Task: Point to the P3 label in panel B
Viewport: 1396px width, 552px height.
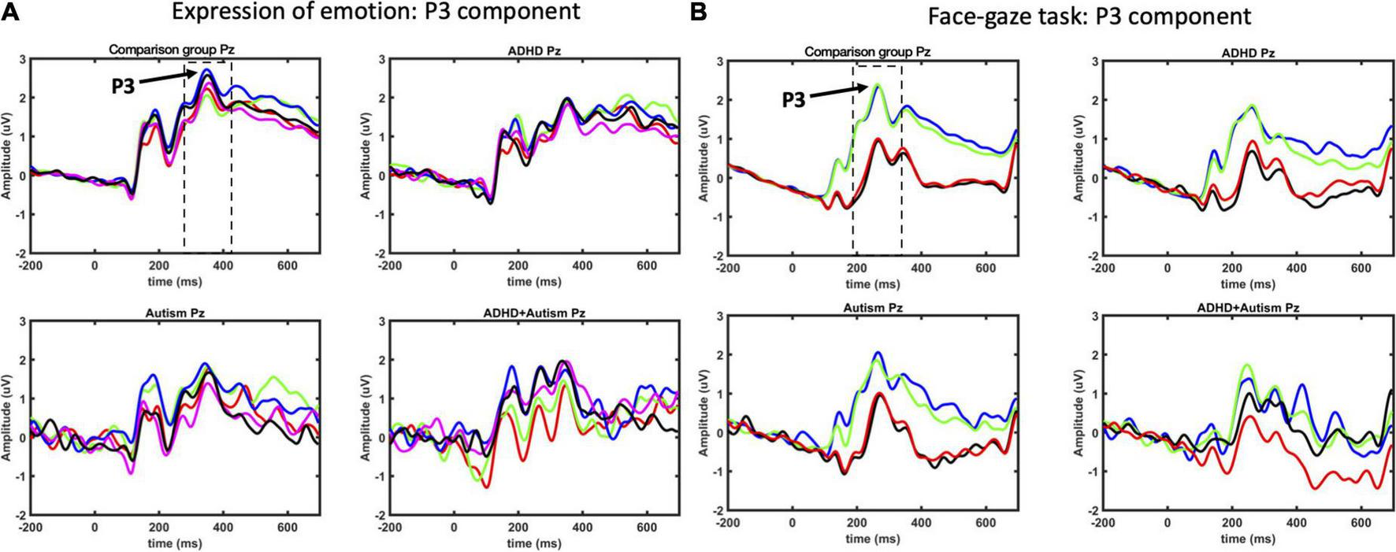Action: click(x=795, y=99)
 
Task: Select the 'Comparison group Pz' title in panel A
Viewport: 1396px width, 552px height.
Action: click(x=172, y=50)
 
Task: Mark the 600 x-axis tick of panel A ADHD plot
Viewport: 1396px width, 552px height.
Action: click(x=647, y=266)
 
